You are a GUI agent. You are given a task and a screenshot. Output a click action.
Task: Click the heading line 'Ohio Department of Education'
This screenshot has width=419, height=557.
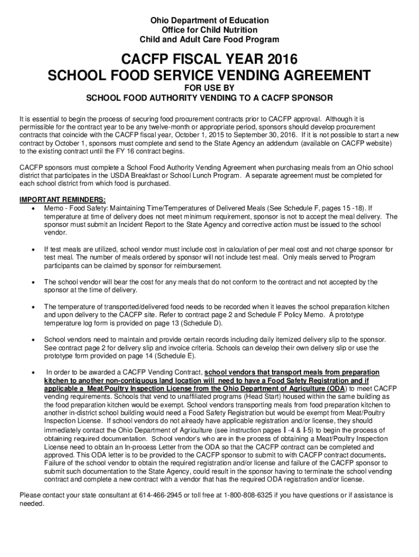click(x=209, y=21)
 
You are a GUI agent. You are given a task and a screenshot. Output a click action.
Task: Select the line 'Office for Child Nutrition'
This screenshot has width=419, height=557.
click(x=209, y=30)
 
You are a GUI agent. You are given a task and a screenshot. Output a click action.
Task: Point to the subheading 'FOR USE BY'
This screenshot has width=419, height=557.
click(x=209, y=88)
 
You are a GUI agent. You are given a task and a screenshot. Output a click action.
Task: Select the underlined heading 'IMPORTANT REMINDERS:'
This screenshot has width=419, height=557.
click(x=63, y=200)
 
